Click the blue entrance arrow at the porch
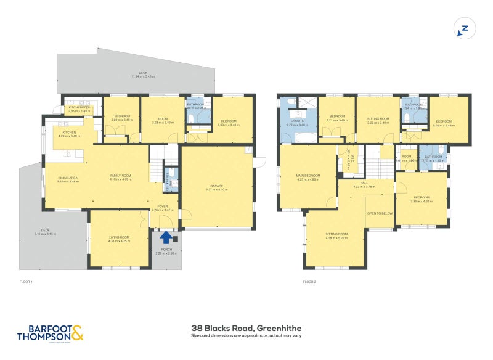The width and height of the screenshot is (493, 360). (166, 236)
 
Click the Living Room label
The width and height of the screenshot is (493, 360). (119, 238)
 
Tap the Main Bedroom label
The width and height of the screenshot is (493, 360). (307, 178)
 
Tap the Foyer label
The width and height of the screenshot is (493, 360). (163, 207)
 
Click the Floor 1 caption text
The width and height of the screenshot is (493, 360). (25, 282)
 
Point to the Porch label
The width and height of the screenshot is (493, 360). (166, 251)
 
